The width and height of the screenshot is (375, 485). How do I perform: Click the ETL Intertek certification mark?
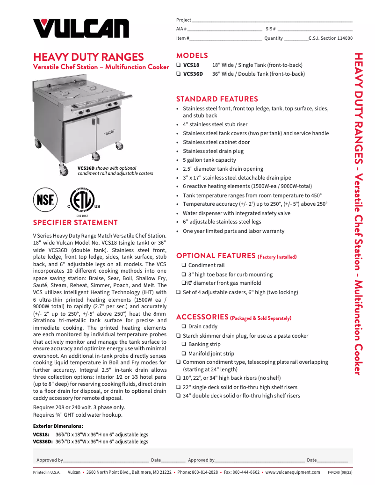[x=83, y=200]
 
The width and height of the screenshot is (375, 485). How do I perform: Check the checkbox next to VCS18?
[x=179, y=65]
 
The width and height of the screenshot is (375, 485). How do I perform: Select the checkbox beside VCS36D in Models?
[x=179, y=74]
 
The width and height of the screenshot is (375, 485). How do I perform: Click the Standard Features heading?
[x=217, y=99]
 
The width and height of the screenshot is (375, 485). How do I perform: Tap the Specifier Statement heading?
[x=75, y=223]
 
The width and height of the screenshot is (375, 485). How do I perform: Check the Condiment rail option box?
[x=184, y=266]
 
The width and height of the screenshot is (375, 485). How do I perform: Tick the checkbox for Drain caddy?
[x=184, y=327]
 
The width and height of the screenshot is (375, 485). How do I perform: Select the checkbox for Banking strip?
[x=184, y=345]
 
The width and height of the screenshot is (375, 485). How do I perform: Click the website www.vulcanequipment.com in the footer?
[x=293, y=472]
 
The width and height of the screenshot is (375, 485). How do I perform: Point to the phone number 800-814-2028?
[x=205, y=472]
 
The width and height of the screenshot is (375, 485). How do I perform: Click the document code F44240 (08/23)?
[x=340, y=472]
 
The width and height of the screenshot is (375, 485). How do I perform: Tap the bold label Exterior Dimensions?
[x=58, y=426]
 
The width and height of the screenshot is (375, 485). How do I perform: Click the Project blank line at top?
[x=272, y=21]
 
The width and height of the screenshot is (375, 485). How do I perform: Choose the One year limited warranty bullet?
[x=233, y=231]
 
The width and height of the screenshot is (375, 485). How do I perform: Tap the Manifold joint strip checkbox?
[x=184, y=354]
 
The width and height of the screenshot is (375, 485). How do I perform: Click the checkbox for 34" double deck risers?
[x=179, y=396]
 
